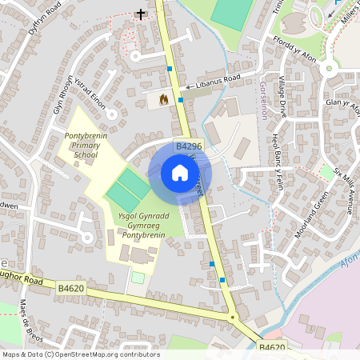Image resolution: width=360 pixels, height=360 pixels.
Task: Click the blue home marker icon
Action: pos(180,173)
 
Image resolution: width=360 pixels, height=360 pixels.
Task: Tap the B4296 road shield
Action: pos(189,146)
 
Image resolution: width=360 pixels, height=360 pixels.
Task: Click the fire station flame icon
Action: pos(163,99)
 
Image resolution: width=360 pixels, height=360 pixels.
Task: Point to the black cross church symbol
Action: pos(141,14)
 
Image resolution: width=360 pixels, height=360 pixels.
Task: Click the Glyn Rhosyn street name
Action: pos(63,95)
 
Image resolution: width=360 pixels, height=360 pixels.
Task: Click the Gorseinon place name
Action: pos(264,99)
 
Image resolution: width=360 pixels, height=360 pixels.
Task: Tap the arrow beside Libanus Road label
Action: pos(189,86)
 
